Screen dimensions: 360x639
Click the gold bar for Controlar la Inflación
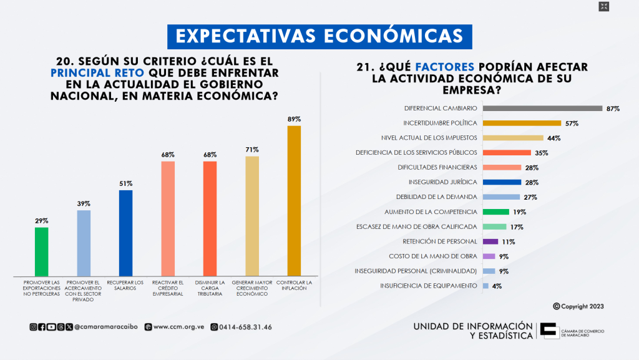(294, 201)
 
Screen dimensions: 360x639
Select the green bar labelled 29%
(41, 251)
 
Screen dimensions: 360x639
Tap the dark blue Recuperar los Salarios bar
(125, 233)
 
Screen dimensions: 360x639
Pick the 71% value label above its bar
(253, 150)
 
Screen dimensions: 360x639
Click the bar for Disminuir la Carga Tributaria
(210, 218)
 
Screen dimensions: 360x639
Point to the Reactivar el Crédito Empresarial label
(168, 288)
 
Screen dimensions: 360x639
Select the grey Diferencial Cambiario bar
(542, 109)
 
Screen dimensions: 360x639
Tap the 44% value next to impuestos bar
(554, 138)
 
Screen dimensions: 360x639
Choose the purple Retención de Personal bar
(490, 241)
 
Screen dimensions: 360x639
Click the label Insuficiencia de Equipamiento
(429, 286)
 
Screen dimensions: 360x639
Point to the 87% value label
(612, 109)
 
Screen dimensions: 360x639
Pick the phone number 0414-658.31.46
(245, 327)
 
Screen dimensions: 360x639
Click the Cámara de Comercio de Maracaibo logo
(550, 331)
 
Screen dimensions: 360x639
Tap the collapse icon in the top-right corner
(603, 7)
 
